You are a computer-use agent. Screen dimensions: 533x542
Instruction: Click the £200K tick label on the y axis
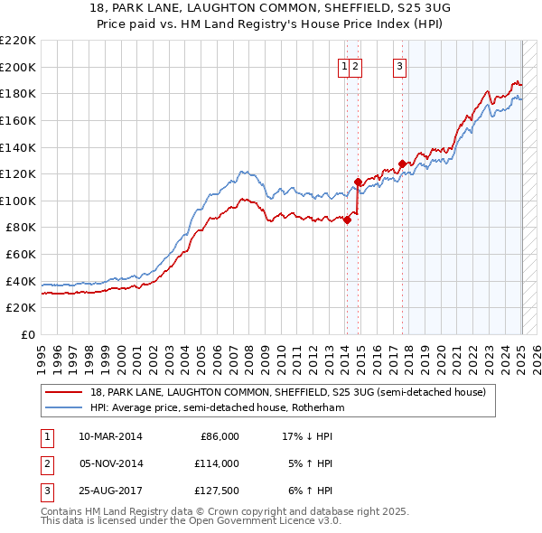(18, 67)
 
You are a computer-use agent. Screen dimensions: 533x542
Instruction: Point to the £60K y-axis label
(21, 255)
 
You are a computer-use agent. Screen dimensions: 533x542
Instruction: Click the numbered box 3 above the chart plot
(399, 65)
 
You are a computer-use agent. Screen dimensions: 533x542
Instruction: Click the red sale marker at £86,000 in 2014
(347, 220)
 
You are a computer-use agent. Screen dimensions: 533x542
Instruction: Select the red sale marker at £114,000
(358, 182)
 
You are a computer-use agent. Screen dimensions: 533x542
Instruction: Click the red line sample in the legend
(63, 392)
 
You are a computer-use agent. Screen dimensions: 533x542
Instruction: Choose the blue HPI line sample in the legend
(63, 407)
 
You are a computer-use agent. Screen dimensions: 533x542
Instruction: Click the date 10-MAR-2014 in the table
(111, 436)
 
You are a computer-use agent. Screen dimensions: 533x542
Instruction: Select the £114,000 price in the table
(218, 463)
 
